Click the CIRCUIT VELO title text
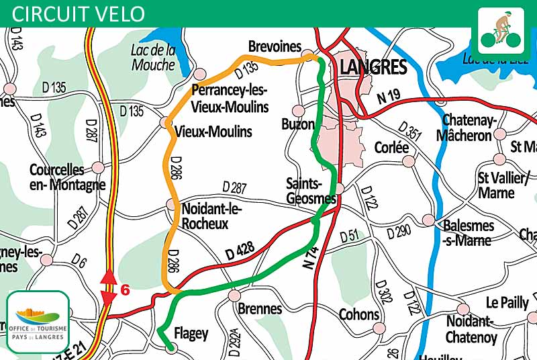(79, 13)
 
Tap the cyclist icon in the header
(500, 30)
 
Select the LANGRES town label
(374, 67)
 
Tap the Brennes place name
(260, 309)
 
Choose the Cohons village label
(359, 314)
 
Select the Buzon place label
(298, 124)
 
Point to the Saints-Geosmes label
(311, 191)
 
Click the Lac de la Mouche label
(153, 57)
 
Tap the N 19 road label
(389, 97)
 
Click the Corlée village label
(391, 147)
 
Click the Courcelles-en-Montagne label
(67, 177)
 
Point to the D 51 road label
(350, 236)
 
